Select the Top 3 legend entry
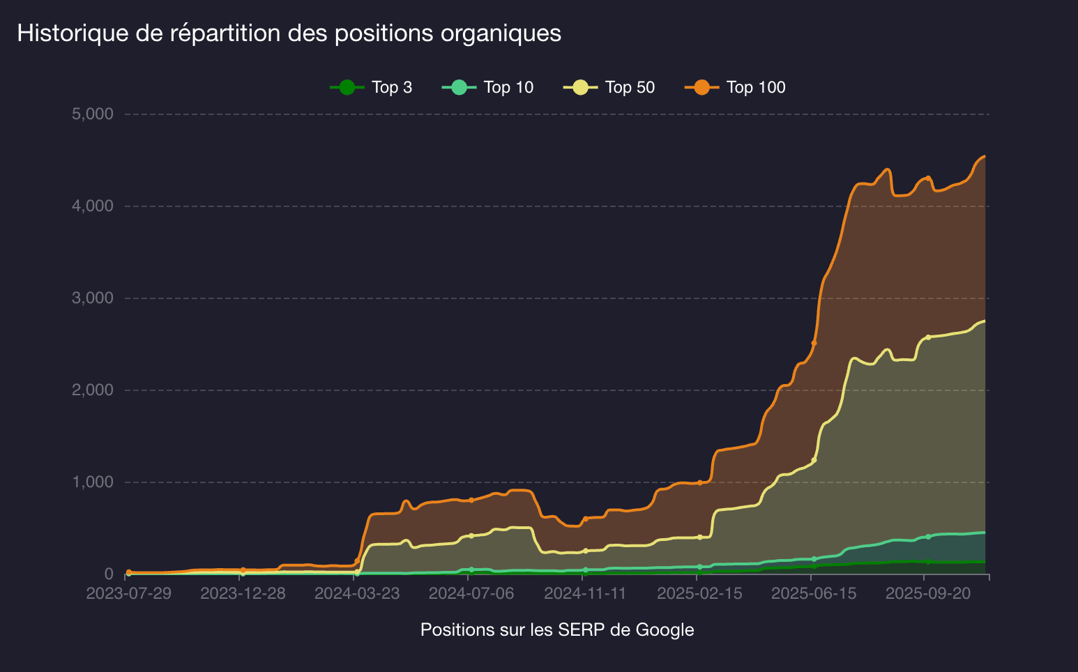click(x=371, y=87)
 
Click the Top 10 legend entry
click(x=487, y=87)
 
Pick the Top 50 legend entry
click(x=609, y=87)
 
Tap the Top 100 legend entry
click(x=735, y=87)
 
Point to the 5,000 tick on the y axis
click(x=92, y=114)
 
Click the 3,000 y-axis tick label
click(x=92, y=298)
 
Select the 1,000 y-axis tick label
click(x=92, y=482)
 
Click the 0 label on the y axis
click(x=108, y=574)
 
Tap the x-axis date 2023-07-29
click(x=128, y=593)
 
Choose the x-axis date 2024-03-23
click(x=357, y=593)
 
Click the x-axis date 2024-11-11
click(x=585, y=593)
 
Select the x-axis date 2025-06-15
click(x=814, y=593)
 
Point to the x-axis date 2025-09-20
click(x=928, y=593)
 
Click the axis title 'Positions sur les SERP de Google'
click(x=557, y=629)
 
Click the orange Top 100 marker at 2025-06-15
click(x=814, y=343)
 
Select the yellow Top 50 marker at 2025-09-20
click(x=928, y=337)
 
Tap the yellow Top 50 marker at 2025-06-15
click(x=814, y=460)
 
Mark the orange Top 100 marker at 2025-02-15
click(x=699, y=482)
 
